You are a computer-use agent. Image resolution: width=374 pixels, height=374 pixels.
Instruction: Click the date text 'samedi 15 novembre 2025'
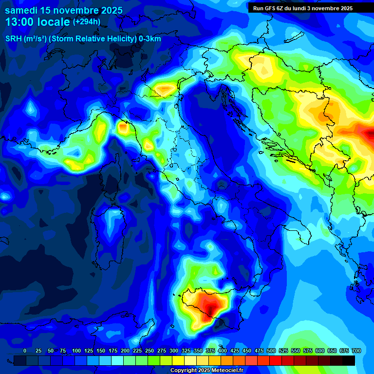pos(64,10)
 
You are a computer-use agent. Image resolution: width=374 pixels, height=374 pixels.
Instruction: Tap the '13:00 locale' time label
pos(37,22)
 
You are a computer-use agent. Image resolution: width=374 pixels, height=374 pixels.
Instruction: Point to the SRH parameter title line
pos(83,39)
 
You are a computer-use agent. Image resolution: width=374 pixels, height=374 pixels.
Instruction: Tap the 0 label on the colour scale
pos(25,351)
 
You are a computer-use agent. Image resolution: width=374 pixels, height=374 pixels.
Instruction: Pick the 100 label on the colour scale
pos(76,351)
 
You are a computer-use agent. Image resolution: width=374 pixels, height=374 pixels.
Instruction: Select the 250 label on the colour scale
pos(150,351)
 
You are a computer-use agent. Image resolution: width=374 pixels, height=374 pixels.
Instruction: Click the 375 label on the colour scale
pos(210,351)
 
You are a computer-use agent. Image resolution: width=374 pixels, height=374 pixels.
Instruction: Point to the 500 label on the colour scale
pos(271,351)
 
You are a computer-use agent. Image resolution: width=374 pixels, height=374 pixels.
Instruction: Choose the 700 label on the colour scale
pos(356,351)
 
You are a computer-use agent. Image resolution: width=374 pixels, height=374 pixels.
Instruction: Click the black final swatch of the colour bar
pos(349,360)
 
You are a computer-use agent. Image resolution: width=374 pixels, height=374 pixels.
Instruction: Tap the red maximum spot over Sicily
pos(210,308)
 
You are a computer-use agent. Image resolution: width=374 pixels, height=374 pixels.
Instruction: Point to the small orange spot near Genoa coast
pos(122,128)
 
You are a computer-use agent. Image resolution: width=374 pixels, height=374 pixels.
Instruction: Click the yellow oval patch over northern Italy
pos(165,89)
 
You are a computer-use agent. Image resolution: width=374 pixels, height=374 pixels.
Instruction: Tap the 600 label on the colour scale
pos(320,351)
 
